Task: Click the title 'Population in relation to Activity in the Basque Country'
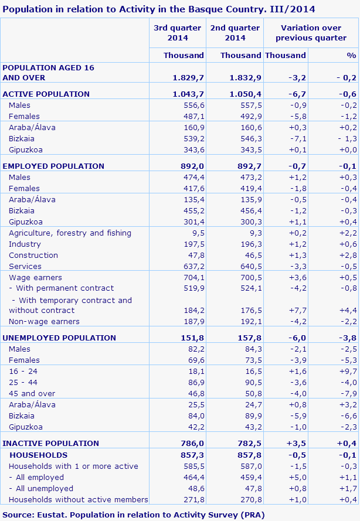tap(159, 9)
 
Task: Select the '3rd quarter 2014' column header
tap(177, 33)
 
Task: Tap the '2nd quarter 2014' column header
tap(235, 33)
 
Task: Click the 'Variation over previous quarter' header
tap(311, 33)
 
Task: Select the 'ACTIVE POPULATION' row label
tap(46, 94)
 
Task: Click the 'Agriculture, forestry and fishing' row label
tap(70, 233)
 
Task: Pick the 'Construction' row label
tap(33, 255)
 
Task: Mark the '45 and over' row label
tap(32, 393)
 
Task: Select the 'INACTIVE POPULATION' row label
tap(51, 443)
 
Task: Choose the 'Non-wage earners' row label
tap(44, 321)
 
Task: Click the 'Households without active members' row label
tap(79, 499)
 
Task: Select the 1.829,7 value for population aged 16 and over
tap(188, 77)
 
